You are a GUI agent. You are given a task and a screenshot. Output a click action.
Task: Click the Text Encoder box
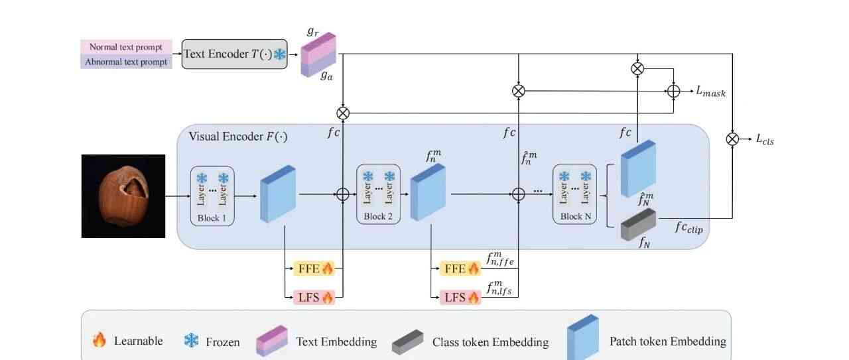click(234, 54)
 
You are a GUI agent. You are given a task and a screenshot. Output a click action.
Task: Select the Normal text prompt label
click(126, 47)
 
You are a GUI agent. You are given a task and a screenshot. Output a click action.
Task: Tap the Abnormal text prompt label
click(126, 62)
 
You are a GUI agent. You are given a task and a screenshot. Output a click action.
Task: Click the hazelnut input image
click(123, 196)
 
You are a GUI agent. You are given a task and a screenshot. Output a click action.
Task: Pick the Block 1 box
click(212, 196)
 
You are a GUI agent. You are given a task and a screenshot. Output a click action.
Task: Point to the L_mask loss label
click(710, 92)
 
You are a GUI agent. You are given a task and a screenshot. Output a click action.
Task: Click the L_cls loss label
click(765, 139)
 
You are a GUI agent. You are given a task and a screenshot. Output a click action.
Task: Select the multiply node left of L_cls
click(732, 139)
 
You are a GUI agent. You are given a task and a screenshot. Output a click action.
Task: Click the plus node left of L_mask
click(673, 91)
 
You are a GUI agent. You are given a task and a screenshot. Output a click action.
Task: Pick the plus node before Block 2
click(342, 194)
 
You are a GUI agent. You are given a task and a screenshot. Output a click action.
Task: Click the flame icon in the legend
click(99, 341)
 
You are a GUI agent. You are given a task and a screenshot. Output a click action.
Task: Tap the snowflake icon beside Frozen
click(191, 341)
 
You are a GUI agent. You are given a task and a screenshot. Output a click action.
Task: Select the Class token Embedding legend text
click(490, 342)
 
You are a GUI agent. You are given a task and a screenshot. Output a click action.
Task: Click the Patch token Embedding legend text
click(667, 341)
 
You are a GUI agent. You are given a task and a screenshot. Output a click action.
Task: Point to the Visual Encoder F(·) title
click(237, 137)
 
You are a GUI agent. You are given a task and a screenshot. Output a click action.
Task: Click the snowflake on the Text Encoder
click(280, 55)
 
